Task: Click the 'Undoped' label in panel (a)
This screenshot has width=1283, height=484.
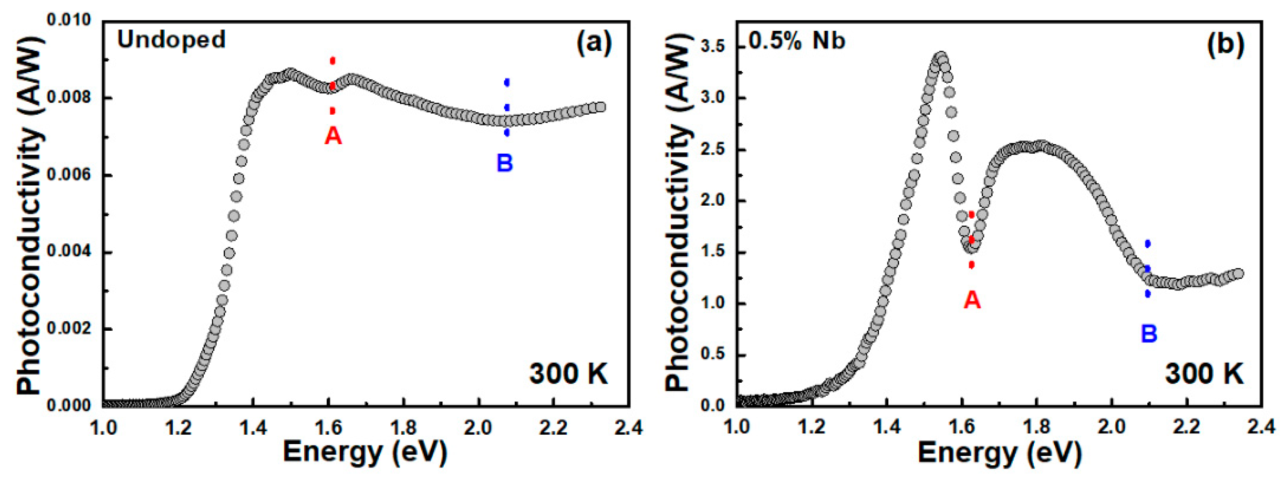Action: point(171,39)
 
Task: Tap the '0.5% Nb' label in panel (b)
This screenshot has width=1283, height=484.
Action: point(797,40)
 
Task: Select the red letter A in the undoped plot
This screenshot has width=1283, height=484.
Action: point(333,136)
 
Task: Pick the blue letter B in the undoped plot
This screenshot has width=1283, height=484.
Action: point(504,163)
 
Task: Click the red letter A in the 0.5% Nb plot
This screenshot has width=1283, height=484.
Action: point(972,300)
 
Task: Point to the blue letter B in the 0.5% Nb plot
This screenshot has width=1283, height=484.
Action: point(1149,334)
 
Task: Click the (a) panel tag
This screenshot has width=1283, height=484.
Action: point(594,43)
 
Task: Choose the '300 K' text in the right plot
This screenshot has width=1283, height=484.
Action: point(1204,374)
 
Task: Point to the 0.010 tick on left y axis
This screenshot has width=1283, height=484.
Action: point(69,20)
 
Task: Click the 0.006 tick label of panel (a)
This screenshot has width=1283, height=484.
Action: point(69,175)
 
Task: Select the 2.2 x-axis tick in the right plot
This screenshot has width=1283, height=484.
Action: point(1187,427)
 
